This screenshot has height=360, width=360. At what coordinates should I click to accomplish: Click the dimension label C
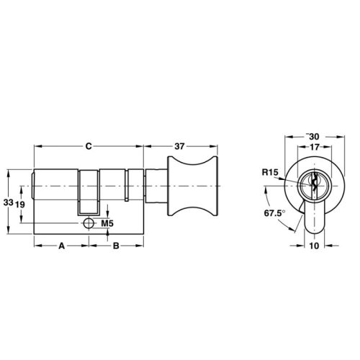87,146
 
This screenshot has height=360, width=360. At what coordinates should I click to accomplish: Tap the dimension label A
61,246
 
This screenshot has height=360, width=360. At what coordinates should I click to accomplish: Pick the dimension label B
115,246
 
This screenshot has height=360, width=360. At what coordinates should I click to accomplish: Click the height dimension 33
8,204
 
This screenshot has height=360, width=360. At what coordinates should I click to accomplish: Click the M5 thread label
107,223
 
